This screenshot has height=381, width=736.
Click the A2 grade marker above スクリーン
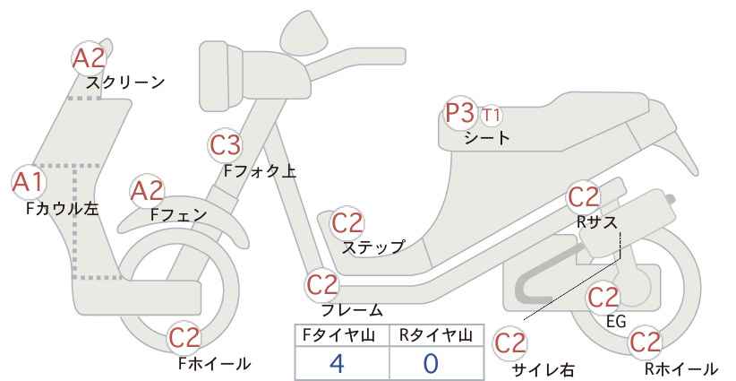(90, 58)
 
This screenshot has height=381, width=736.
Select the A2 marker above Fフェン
(147, 192)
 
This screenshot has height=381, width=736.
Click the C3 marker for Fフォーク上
(226, 145)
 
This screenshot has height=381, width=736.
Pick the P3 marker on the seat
(461, 113)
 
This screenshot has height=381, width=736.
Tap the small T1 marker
(491, 115)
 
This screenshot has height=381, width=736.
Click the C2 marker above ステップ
(347, 223)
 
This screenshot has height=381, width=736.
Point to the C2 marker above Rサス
(584, 197)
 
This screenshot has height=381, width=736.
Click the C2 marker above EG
(603, 298)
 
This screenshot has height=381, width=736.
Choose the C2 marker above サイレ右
(510, 343)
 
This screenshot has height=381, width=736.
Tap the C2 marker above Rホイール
(645, 342)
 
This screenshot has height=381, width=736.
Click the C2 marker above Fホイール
(184, 337)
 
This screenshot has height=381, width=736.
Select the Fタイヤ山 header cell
(342, 335)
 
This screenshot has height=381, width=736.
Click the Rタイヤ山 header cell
(437, 335)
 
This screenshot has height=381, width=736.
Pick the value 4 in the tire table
(337, 363)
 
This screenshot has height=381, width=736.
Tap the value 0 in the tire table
(431, 363)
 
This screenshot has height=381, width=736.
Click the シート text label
(487, 138)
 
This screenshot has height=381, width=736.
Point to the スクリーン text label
(125, 82)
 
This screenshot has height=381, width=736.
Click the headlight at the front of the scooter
(220, 75)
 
